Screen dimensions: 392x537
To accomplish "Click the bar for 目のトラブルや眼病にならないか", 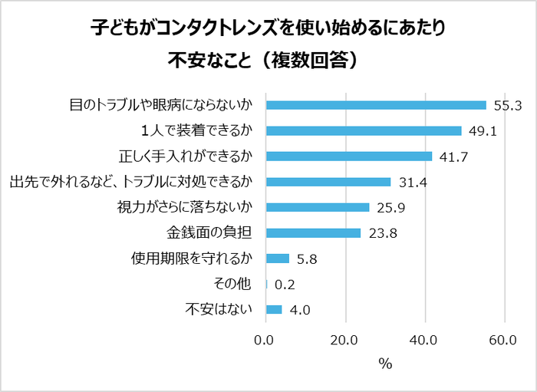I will pos(376,105).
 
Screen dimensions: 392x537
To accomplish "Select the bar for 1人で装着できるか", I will pos(364,130).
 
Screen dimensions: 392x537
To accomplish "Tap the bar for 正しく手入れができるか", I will pos(349,156).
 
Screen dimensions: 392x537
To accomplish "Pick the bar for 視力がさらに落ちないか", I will pos(318,207).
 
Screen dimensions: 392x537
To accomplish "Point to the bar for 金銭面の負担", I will pos(313,233).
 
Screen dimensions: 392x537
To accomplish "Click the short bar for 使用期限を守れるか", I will pos(277,259).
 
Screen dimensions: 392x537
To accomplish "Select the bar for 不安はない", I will pos(274,310).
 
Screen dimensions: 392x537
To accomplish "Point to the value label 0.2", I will pos(285,285).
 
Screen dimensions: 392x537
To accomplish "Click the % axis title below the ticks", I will pos(385,364).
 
